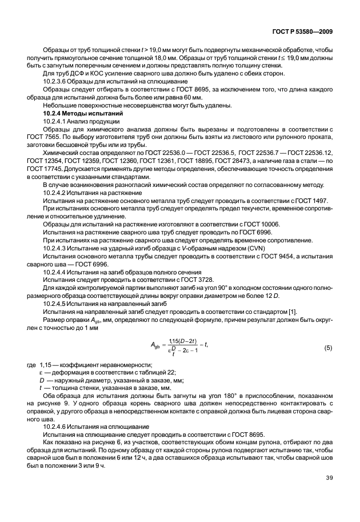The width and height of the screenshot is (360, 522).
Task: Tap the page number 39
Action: pyautogui.click(x=327, y=495)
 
